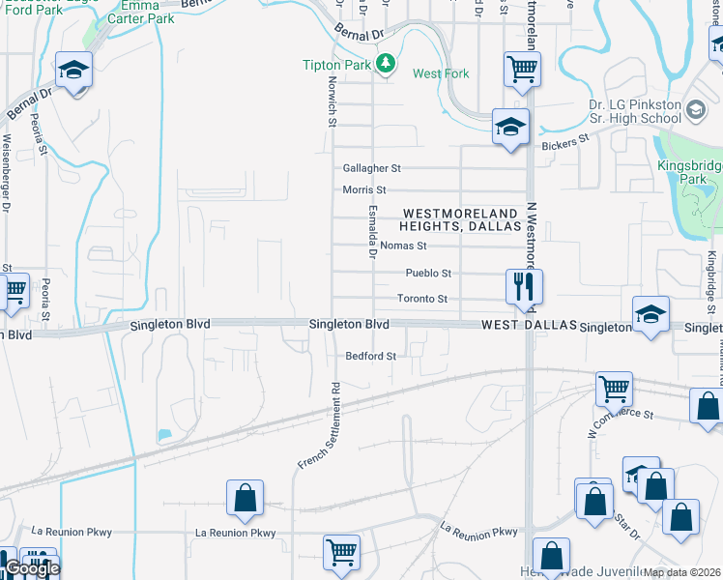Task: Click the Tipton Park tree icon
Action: (387, 64)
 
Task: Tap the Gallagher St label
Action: (369, 167)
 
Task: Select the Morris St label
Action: (364, 190)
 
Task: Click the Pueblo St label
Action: (428, 274)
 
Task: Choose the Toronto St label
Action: (422, 300)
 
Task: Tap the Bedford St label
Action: (371, 356)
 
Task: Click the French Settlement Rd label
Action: (318, 426)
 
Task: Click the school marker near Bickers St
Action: (509, 128)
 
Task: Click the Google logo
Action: (31, 569)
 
